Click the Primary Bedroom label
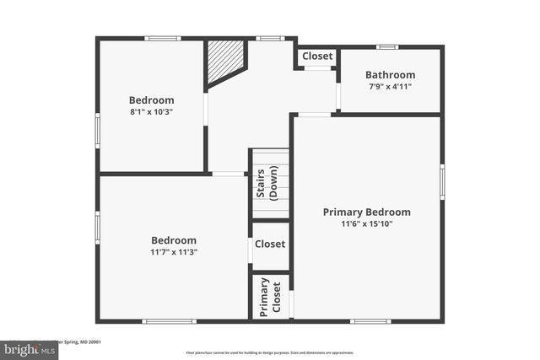366,212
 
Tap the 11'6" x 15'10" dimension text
366,224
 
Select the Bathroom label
390,75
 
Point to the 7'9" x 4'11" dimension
390,87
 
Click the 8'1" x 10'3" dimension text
151,112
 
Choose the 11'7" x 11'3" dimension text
173,252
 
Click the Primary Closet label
270,297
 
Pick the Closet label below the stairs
270,244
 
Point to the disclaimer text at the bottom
270,352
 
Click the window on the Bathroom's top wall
387,47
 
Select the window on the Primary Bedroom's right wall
441,180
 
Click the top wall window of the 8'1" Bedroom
162,38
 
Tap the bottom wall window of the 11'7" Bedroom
169,320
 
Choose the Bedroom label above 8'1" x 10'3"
151,100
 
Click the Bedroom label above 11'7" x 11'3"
173,240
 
